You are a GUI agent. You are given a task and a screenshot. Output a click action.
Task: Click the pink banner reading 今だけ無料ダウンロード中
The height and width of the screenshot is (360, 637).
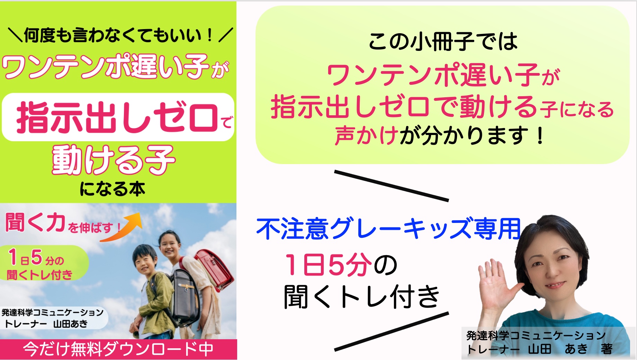click(x=118, y=349)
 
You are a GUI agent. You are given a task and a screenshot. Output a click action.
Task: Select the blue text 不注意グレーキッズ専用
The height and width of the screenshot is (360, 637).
click(x=388, y=229)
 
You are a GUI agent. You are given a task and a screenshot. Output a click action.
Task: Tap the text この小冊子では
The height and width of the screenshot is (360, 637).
click(x=443, y=42)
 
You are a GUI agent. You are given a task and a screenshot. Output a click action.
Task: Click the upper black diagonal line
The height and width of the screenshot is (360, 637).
click(x=392, y=186)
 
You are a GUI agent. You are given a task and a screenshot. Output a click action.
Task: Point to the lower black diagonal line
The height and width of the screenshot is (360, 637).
click(x=392, y=331)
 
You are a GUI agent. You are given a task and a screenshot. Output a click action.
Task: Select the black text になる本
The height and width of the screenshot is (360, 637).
click(x=112, y=189)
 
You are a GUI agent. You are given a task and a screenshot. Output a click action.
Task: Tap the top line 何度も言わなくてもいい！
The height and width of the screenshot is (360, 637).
click(x=119, y=35)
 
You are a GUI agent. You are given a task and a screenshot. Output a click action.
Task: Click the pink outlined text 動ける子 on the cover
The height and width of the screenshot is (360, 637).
click(x=114, y=160)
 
